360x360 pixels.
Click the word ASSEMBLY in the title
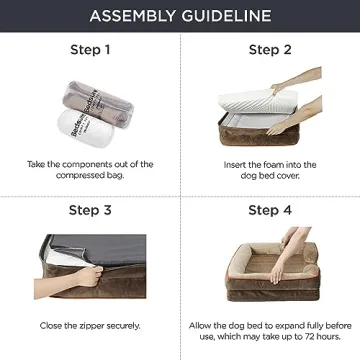point(130,16)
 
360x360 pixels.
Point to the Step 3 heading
point(90,211)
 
